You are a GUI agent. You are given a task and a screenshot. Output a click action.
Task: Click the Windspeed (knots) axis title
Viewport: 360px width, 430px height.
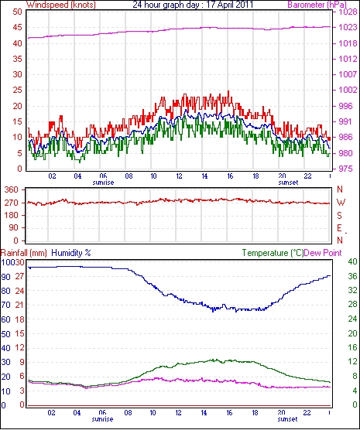(61, 5)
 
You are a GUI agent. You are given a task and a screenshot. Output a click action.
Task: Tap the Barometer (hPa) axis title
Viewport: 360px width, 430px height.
(317, 5)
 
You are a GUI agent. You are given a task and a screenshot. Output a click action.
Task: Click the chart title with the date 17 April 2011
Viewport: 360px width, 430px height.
(193, 5)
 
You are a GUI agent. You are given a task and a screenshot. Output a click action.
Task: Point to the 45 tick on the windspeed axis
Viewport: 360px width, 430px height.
(17, 27)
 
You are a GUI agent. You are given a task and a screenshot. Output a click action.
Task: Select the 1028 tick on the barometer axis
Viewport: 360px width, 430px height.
(348, 12)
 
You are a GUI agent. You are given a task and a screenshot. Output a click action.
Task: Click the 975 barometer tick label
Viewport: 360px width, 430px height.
(345, 169)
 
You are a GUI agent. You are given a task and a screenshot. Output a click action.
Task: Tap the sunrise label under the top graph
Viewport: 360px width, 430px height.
(103, 183)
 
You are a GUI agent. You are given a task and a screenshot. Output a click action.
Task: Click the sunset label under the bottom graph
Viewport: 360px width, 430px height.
(287, 419)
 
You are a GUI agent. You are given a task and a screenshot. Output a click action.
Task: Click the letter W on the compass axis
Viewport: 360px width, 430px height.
(341, 203)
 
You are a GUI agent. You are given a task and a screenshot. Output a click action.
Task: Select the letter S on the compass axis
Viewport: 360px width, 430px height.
(340, 216)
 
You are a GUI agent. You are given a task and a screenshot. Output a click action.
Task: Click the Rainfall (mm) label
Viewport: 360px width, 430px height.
(24, 253)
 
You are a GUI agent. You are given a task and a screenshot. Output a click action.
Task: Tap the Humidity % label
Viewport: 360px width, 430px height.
(71, 253)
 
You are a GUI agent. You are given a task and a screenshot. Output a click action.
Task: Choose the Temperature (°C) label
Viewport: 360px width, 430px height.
(273, 253)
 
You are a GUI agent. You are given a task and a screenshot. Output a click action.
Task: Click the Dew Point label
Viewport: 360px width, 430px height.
(323, 253)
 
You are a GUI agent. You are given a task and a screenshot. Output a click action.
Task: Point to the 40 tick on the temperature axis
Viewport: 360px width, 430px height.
(352, 261)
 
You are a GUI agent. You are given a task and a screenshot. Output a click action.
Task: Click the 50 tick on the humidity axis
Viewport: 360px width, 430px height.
(5, 334)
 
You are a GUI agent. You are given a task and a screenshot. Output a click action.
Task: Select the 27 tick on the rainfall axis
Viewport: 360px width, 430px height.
(19, 276)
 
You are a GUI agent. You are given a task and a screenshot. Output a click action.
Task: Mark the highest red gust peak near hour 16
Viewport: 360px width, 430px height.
(228, 91)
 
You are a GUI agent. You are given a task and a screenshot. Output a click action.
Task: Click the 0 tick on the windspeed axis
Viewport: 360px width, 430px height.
(19, 169)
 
